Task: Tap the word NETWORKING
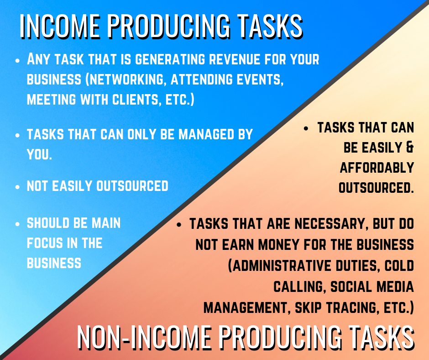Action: pyautogui.click(x=127, y=79)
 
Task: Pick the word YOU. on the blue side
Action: pyautogui.click(x=39, y=154)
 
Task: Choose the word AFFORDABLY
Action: pyautogui.click(x=377, y=167)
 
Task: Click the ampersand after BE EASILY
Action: pyautogui.click(x=410, y=148)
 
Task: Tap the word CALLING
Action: pyautogui.click(x=299, y=286)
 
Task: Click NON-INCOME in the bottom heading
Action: pyautogui.click(x=144, y=337)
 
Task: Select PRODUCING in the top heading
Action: pyautogui.click(x=168, y=26)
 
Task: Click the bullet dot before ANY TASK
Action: pyautogui.click(x=17, y=60)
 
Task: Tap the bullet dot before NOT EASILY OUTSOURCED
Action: pyautogui.click(x=17, y=187)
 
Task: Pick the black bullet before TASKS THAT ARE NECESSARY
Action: pyautogui.click(x=179, y=225)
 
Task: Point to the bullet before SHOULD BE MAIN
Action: pyautogui.click(x=17, y=224)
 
